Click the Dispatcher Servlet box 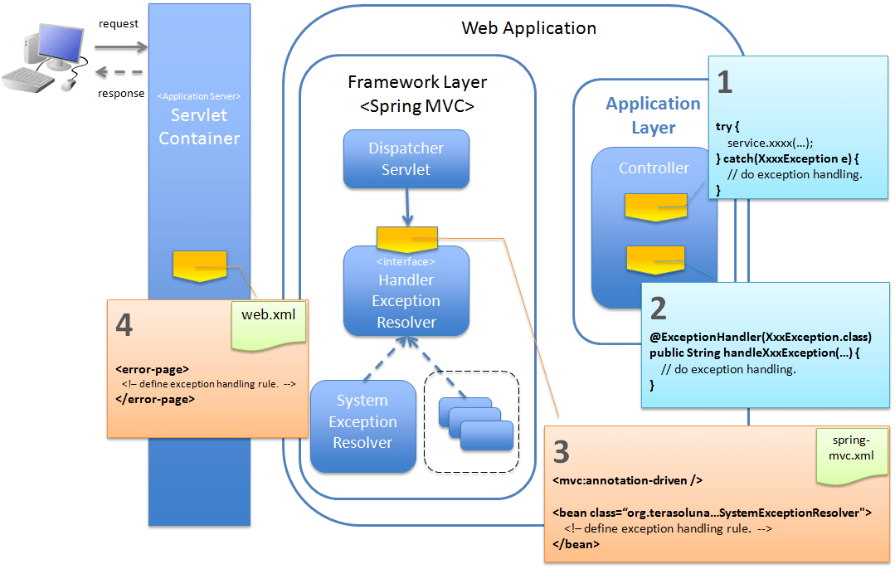pyautogui.click(x=406, y=158)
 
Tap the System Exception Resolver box pyautogui.click(x=362, y=422)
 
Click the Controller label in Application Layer pyautogui.click(x=654, y=168)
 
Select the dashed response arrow pyautogui.click(x=119, y=72)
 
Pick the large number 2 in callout pyautogui.click(x=658, y=309)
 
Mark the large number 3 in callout pyautogui.click(x=562, y=452)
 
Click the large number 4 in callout pyautogui.click(x=124, y=326)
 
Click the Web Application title pyautogui.click(x=528, y=28)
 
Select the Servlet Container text pyautogui.click(x=199, y=126)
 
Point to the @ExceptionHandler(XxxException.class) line pyautogui.click(x=761, y=338)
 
